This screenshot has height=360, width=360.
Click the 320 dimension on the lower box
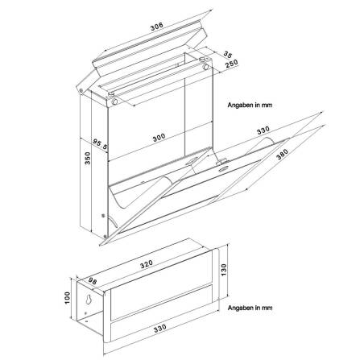(145, 263)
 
